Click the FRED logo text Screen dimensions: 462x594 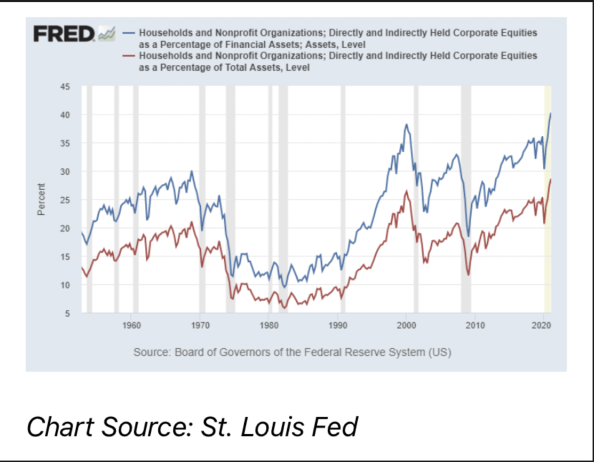point(63,34)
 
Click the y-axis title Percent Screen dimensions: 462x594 point(41,200)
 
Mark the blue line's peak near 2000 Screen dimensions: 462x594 point(407,124)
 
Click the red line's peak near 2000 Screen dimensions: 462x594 point(407,191)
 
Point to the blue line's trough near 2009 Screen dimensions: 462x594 point(469,236)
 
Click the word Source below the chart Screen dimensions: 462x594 point(150,352)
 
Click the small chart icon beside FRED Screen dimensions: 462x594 point(107,34)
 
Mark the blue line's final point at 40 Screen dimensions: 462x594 point(550,114)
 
